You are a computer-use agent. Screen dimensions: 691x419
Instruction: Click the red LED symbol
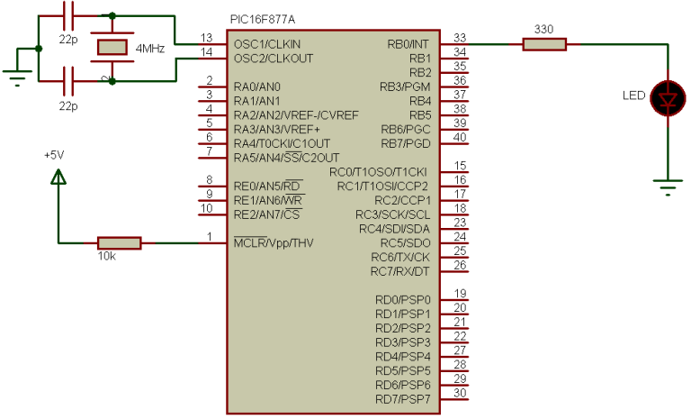[x=669, y=98]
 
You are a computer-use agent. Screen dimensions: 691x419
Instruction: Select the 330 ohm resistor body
[x=544, y=44]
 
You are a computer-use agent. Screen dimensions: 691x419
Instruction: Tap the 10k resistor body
[x=119, y=242]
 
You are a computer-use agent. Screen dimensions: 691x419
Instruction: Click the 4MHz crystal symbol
[x=112, y=47]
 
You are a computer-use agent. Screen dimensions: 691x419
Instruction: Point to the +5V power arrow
[x=58, y=177]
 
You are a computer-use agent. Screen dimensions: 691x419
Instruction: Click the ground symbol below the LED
[x=668, y=187]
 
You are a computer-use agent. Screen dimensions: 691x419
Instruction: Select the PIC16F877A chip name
[x=263, y=20]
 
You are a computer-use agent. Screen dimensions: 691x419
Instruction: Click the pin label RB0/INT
[x=408, y=44]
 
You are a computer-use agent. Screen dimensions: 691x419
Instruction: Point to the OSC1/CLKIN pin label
[x=267, y=44]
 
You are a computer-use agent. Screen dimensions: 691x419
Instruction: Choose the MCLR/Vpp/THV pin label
[x=274, y=242]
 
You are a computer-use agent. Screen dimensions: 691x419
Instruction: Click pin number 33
[x=460, y=38]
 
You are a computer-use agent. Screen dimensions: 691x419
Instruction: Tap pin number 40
[x=460, y=137]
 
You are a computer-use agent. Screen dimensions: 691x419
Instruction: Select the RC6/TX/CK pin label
[x=400, y=257]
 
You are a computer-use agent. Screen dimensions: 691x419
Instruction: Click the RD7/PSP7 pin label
[x=403, y=399]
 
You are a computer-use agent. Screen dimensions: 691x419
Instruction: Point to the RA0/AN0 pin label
[x=257, y=87]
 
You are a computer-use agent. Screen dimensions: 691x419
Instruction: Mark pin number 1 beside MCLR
[x=210, y=237]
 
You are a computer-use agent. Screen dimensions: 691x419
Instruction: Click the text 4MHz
[x=150, y=48]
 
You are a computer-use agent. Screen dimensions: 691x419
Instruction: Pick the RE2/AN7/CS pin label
[x=266, y=214]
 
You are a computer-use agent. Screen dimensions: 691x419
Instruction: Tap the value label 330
[x=543, y=29]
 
